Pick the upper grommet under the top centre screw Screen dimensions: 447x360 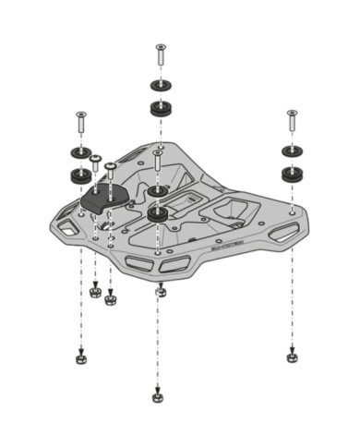click(161, 88)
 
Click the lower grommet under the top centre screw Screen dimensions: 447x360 click(161, 109)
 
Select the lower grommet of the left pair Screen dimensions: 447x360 click(79, 174)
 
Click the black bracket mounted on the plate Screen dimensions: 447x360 click(103, 197)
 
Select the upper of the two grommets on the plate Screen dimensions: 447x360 click(159, 191)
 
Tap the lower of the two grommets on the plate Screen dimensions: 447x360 click(159, 213)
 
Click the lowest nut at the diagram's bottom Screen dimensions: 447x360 click(158, 397)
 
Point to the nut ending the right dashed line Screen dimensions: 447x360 click(292, 352)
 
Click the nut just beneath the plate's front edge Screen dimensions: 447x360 click(160, 292)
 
